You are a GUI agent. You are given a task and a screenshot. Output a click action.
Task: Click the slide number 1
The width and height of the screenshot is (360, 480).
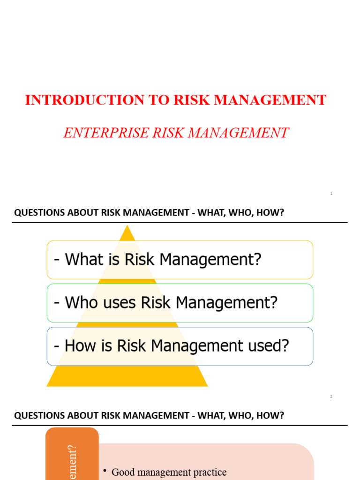coord(331,194)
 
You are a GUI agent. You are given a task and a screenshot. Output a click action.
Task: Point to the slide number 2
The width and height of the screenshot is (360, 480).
coord(331,397)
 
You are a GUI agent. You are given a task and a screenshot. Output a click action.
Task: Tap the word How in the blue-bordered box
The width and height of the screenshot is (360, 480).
coord(79,346)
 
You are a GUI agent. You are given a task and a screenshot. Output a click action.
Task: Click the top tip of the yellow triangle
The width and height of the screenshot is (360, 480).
coord(127,227)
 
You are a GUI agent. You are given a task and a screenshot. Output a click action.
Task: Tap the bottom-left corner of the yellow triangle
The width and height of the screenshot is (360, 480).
coord(48,385)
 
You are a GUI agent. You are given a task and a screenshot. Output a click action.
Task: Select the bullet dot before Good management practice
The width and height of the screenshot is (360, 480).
coord(105,471)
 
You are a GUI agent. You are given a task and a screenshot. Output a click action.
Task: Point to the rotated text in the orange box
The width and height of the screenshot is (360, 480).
coord(72,462)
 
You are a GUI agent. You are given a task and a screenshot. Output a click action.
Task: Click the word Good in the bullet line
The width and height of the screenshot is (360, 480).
coord(124,472)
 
